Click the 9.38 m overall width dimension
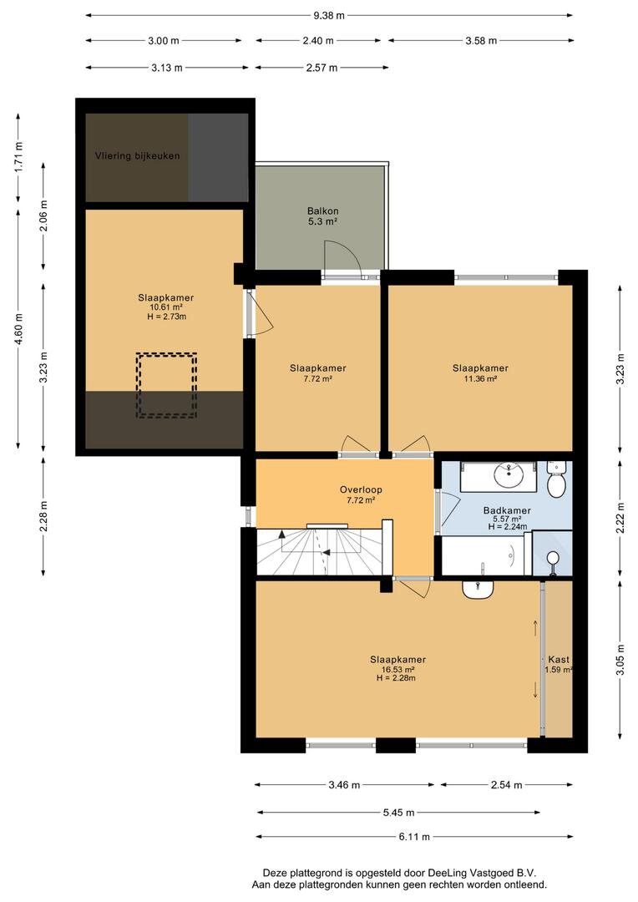(x=329, y=16)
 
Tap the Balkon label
(x=322, y=211)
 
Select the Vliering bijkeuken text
(x=138, y=155)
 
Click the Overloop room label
(x=361, y=490)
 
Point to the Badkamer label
(x=507, y=510)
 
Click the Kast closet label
(x=559, y=660)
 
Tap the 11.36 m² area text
(x=480, y=378)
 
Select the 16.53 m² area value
(x=398, y=670)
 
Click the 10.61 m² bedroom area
(x=165, y=307)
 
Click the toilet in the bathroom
(x=556, y=479)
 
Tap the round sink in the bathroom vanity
(x=509, y=474)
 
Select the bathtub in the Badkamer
(x=486, y=555)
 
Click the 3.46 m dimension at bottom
(x=344, y=784)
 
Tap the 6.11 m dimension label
(x=414, y=836)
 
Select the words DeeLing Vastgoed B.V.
(x=480, y=872)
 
